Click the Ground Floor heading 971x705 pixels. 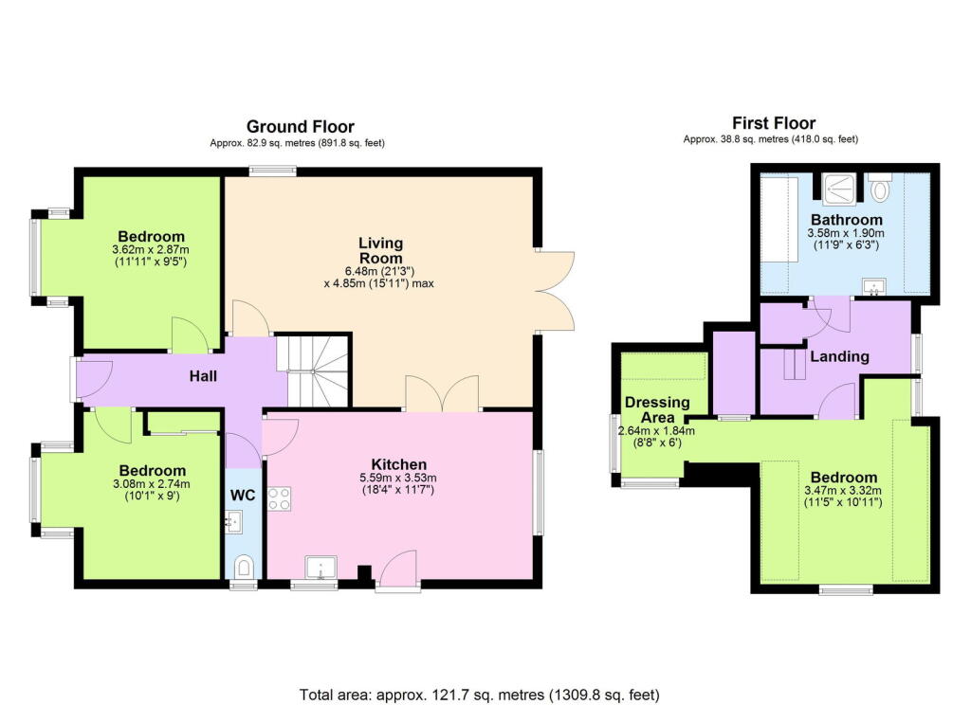(300, 126)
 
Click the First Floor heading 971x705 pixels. (774, 122)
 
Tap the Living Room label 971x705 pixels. (380, 251)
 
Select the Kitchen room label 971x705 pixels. (397, 464)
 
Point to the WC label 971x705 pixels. (244, 495)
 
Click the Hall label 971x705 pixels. (202, 376)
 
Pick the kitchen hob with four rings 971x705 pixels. (280, 498)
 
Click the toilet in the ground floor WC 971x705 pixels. (245, 566)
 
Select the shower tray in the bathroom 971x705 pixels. (838, 188)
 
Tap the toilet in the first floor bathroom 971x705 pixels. (880, 188)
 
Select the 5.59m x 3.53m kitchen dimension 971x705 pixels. (397, 479)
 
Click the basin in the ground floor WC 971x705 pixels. (235, 520)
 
